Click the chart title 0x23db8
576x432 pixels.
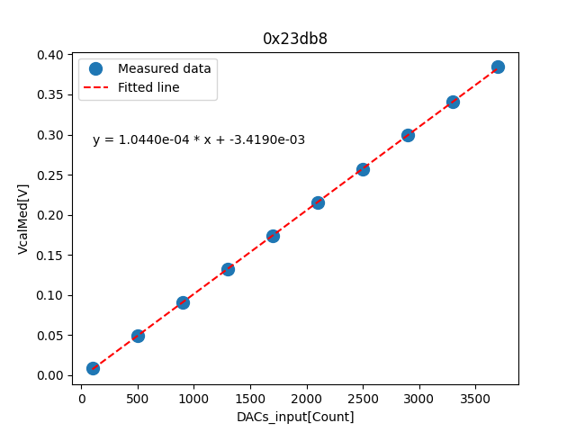pos(294,39)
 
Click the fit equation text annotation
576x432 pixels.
pos(199,139)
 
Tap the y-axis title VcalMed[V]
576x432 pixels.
pos(23,219)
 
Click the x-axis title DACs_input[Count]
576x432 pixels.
pos(295,417)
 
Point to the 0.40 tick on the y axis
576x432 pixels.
pos(51,55)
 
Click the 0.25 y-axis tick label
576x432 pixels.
pos(51,175)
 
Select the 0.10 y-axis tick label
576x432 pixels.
pos(51,295)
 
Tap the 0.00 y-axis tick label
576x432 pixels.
pos(51,375)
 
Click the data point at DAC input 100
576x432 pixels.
pos(93,368)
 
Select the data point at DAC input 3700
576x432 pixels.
pos(498,67)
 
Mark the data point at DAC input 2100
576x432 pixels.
pos(318,202)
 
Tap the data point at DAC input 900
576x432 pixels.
pos(183,302)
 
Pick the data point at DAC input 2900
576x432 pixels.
pos(408,135)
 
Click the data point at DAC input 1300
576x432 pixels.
pos(228,269)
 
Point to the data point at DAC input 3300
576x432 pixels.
pos(453,102)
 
